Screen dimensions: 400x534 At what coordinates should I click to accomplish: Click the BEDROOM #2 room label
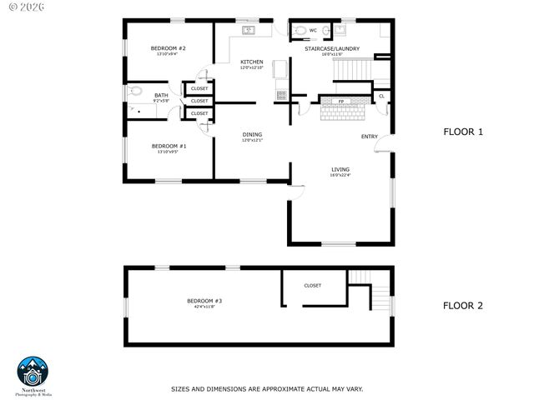click(168, 49)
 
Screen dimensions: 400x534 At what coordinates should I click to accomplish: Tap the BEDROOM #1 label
click(169, 146)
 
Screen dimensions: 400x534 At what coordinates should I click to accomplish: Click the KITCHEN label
click(252, 62)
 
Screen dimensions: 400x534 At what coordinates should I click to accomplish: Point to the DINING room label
click(252, 134)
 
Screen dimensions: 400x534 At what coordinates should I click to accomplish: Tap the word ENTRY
click(369, 137)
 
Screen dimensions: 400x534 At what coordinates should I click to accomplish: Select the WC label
click(313, 31)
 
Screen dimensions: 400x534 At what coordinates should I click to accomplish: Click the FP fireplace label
click(340, 102)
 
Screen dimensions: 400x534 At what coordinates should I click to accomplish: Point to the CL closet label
click(381, 96)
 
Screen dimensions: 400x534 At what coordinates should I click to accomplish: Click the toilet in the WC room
click(299, 31)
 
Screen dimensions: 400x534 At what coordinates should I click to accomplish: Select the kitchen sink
click(249, 31)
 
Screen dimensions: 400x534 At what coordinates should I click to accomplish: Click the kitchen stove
click(282, 95)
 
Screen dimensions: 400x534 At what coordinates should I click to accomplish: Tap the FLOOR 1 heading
click(462, 132)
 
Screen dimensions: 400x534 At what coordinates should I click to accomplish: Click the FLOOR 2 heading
click(462, 306)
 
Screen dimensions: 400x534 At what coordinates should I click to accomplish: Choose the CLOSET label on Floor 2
click(312, 286)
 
